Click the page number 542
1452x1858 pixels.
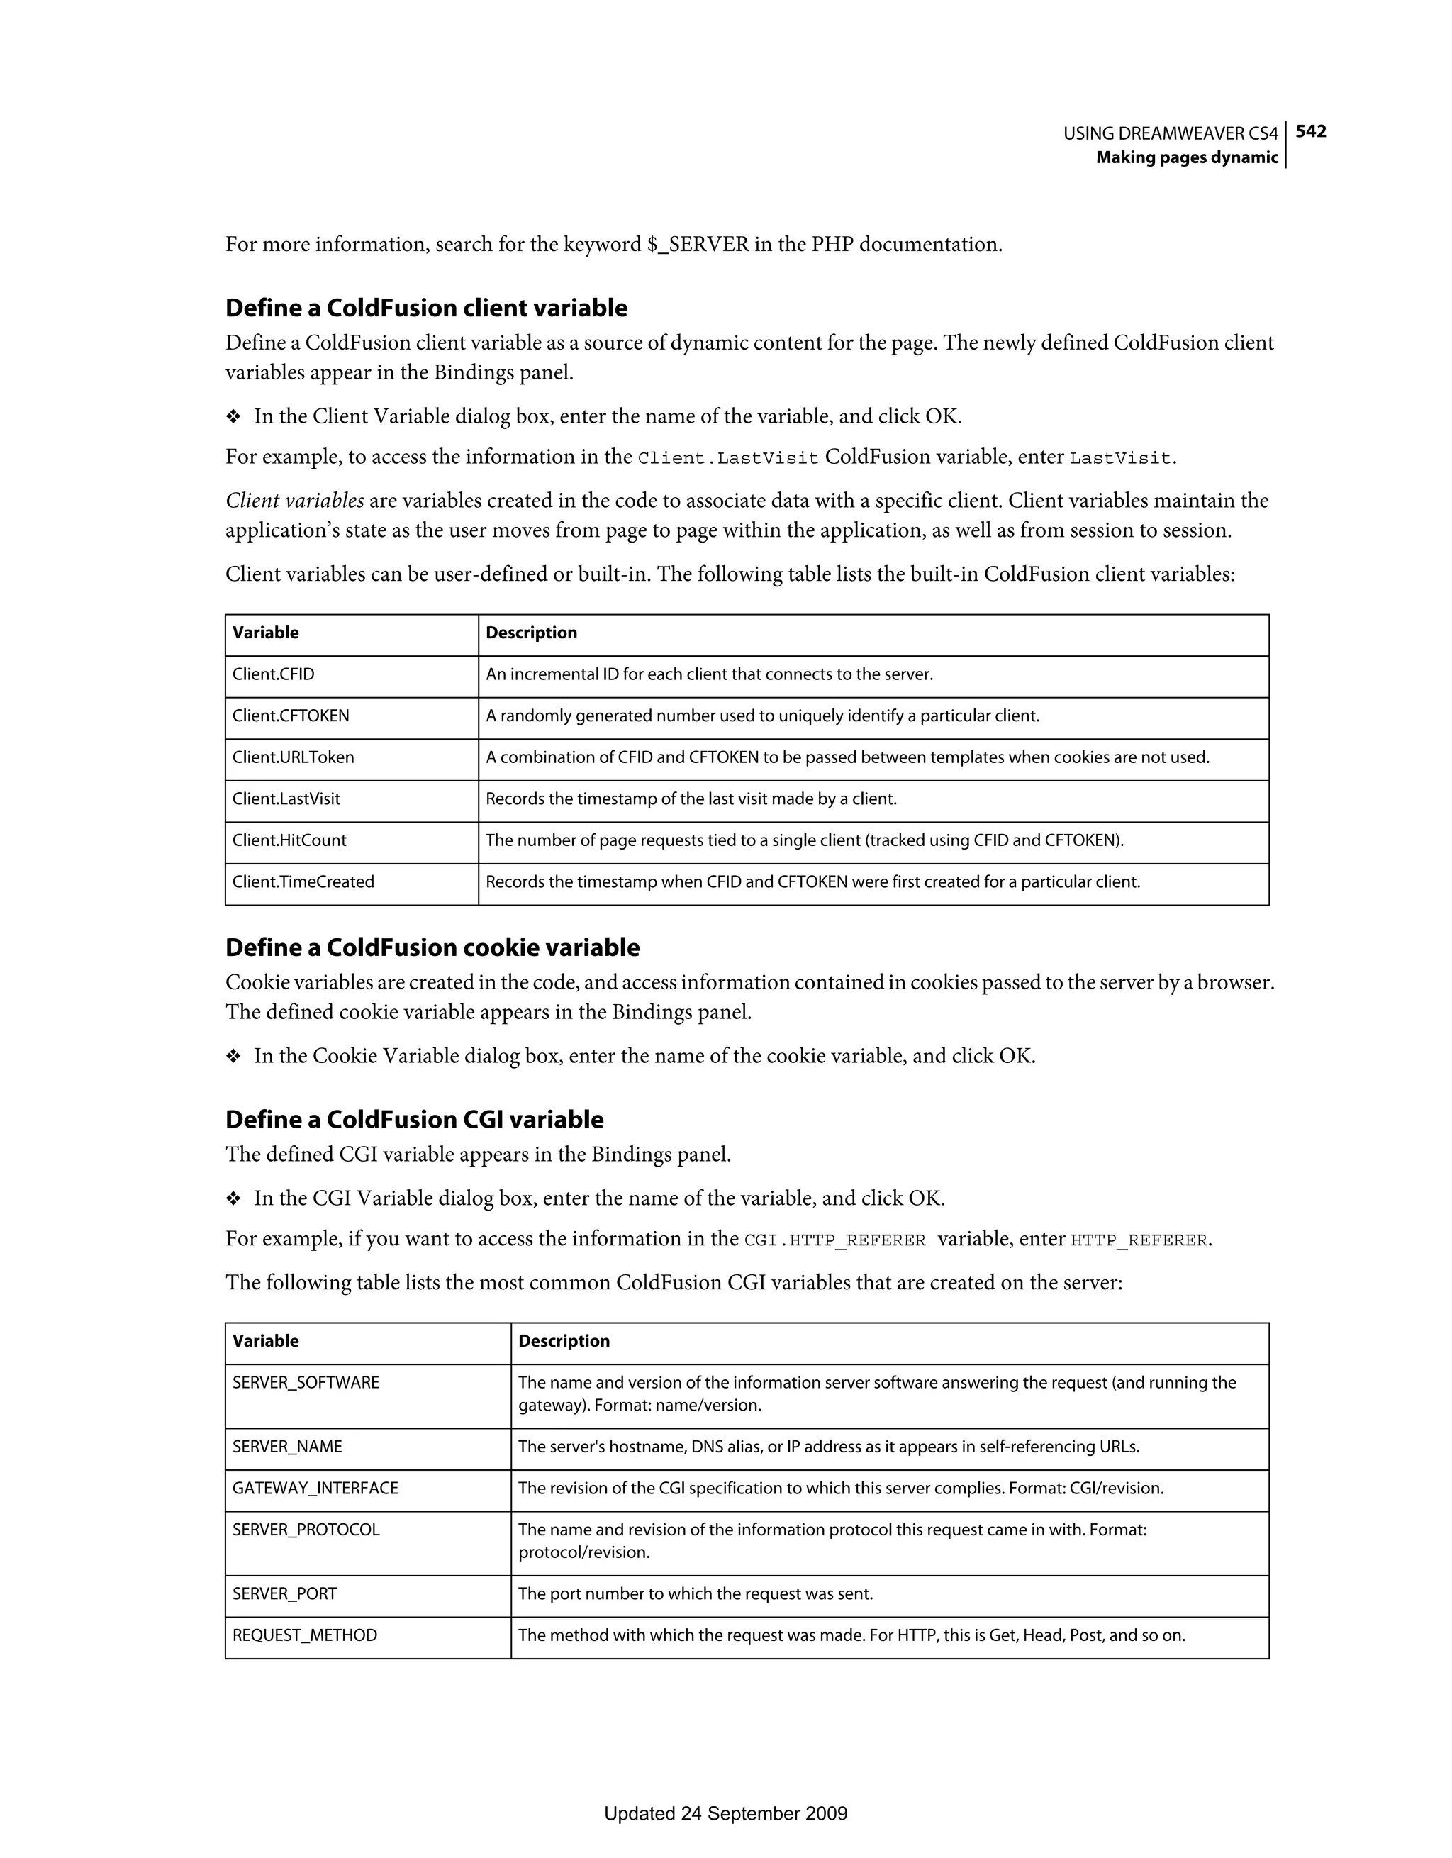coord(1310,131)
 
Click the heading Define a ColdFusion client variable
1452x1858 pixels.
coord(426,308)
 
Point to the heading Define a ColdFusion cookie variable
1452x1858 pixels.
coord(432,947)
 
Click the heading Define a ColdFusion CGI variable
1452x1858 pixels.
coord(414,1120)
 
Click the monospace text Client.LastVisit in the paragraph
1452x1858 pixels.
coord(727,459)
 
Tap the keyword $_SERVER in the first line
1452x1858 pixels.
coord(698,245)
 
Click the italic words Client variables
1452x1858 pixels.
coord(294,501)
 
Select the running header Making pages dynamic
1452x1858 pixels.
coord(1187,157)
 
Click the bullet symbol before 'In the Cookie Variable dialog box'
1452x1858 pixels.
coord(233,1057)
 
